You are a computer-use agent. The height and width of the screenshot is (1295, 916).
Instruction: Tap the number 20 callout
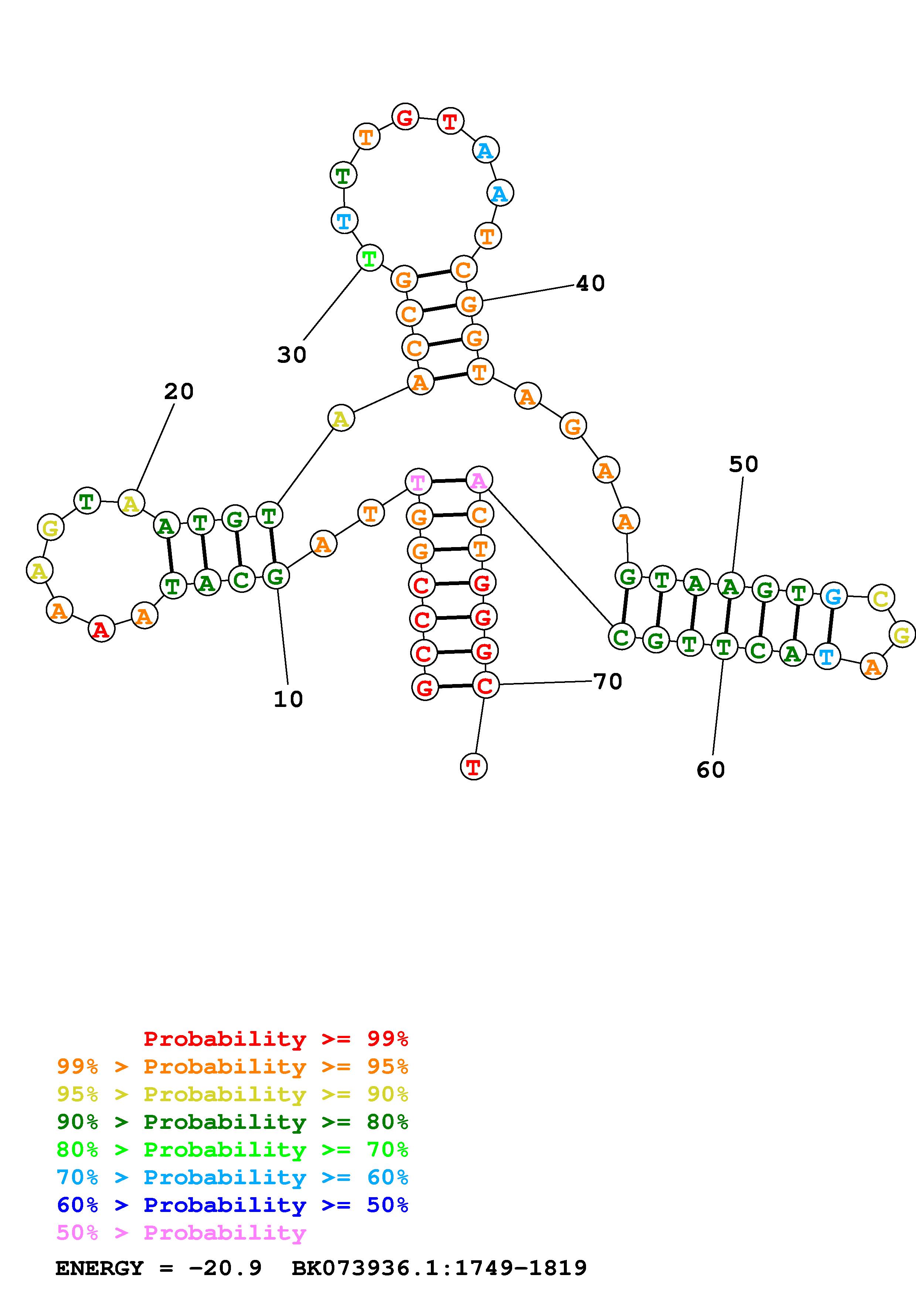coord(179,391)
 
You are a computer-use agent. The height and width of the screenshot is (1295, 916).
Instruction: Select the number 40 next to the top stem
coord(590,283)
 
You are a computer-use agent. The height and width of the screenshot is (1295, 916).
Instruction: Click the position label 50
coord(743,464)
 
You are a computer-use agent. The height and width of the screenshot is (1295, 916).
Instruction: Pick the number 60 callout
coord(711,769)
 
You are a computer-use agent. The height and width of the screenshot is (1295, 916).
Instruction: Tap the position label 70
coord(608,681)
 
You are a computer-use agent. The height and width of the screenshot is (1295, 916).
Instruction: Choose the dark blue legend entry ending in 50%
coord(232,1205)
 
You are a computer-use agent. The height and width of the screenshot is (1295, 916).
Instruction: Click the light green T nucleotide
coord(369,259)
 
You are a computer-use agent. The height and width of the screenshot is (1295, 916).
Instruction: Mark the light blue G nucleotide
coord(833,596)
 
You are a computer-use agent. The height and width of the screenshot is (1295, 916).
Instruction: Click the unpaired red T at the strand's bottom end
coord(474,766)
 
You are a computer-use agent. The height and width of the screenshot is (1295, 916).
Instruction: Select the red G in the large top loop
coord(405,118)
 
